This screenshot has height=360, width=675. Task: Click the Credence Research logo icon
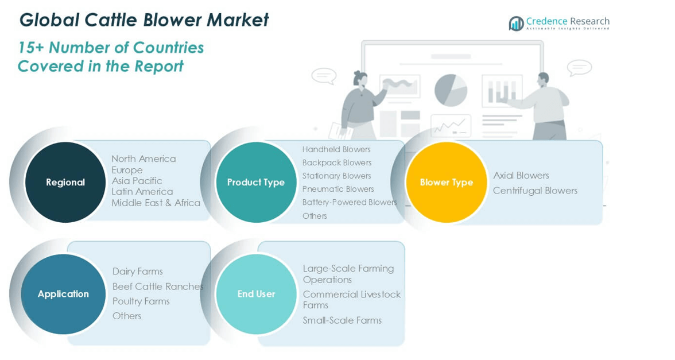coord(516,24)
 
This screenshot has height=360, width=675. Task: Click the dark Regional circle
coord(65,182)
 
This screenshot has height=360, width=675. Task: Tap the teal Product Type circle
coord(256,182)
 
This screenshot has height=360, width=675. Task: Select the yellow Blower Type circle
coord(446,182)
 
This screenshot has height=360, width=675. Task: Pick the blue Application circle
coord(63,294)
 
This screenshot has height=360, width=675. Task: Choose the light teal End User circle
coord(256,294)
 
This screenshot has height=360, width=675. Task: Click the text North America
coord(143,158)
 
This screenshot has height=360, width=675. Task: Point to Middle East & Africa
coord(156,203)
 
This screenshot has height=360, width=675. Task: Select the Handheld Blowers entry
coord(336,149)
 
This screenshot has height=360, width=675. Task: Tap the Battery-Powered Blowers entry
coord(350,202)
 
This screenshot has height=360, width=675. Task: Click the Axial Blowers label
coord(521,175)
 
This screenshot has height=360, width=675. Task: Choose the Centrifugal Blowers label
coord(535,191)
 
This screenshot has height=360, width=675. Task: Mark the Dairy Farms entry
coord(137,271)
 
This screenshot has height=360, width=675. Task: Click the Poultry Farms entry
coord(141,301)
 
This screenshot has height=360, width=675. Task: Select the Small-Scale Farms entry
coord(342,320)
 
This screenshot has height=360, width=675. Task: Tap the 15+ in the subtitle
coord(29,47)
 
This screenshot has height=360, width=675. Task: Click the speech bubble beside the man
coord(579,68)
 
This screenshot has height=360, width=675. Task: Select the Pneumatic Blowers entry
coord(338,189)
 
